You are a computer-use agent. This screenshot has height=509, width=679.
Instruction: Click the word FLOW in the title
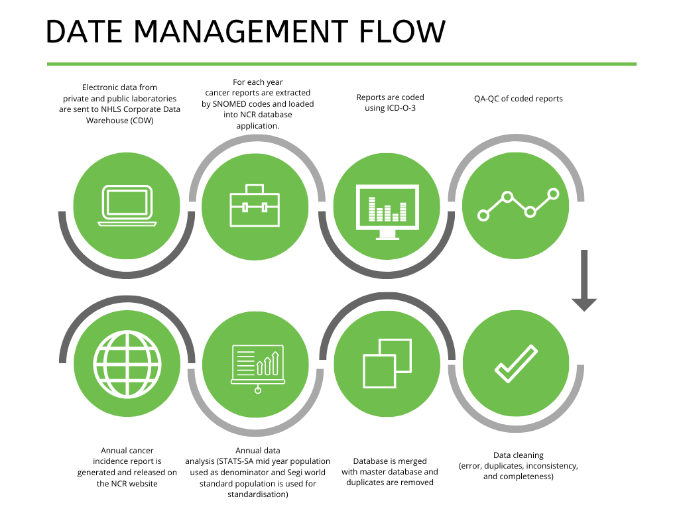(402, 31)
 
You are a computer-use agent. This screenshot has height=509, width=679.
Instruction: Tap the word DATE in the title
(84, 31)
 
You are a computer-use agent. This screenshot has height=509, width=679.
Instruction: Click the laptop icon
(127, 205)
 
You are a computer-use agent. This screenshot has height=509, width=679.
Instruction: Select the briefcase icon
(255, 205)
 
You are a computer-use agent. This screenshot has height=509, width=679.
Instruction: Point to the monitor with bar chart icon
(387, 211)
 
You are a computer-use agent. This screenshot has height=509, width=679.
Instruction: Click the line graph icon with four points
(519, 205)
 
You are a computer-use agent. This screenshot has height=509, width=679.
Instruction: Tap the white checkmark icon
(516, 364)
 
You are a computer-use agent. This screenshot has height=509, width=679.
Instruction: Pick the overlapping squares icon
(387, 363)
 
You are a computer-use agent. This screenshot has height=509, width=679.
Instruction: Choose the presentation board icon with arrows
(258, 368)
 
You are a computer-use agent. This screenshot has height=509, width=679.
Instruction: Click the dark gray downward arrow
(584, 280)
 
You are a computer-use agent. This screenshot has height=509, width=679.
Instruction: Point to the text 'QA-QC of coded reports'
(519, 99)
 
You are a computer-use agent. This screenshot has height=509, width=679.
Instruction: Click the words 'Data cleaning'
(519, 455)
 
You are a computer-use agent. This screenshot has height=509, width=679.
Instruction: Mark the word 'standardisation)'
(258, 494)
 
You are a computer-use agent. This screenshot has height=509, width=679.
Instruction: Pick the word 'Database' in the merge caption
(371, 461)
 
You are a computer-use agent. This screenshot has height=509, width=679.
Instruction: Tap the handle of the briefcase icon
(255, 189)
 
